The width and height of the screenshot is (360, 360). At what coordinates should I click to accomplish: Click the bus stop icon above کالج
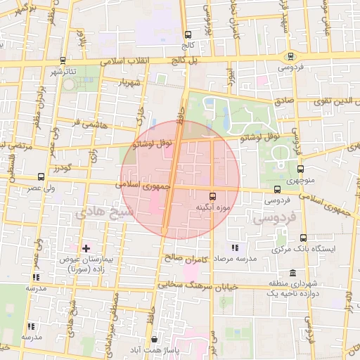pyautogui.click(x=187, y=34)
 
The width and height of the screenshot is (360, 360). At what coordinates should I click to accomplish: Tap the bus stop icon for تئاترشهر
pyautogui.click(x=63, y=60)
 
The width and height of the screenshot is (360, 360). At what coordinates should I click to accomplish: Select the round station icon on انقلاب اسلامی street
pyautogui.click(x=289, y=56)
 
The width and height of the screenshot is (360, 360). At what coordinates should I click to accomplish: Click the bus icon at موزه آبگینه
pyautogui.click(x=212, y=196)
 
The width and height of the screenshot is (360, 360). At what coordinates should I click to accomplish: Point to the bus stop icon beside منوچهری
pyautogui.click(x=301, y=169)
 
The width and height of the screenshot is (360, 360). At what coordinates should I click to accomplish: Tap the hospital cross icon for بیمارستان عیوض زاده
pyautogui.click(x=86, y=248)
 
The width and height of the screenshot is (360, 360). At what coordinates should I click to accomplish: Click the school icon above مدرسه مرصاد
pyautogui.click(x=234, y=247)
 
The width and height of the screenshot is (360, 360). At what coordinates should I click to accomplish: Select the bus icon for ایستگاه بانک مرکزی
pyautogui.click(x=276, y=248)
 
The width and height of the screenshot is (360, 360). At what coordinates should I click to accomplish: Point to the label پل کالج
pyautogui.click(x=187, y=62)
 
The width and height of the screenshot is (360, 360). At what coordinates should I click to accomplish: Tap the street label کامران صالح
pyautogui.click(x=188, y=259)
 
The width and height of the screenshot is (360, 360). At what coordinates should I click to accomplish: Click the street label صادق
pyautogui.click(x=283, y=101)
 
